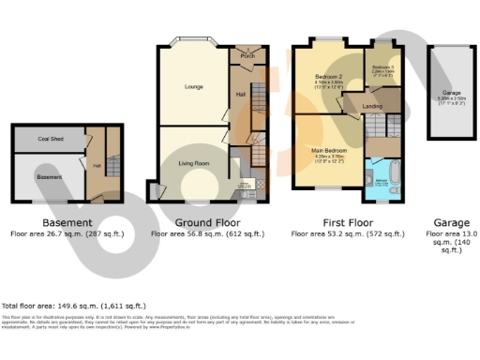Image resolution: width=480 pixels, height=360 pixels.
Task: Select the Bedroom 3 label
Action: (x=384, y=68)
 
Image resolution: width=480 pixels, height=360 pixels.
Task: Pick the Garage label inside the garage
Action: (x=453, y=93)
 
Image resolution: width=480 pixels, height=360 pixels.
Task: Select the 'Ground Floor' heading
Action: (x=205, y=222)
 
